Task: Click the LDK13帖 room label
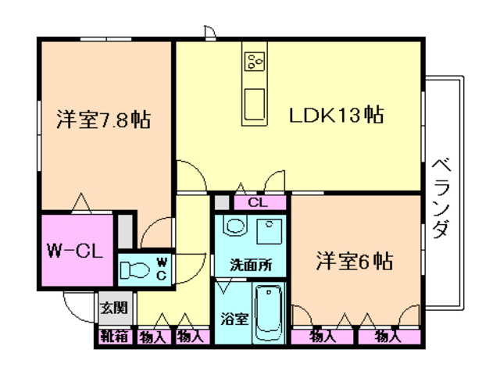336,116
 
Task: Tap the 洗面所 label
250,264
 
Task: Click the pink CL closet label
259,202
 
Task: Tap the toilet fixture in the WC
137,270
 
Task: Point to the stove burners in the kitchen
255,62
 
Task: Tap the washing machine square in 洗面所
270,231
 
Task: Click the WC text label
160,269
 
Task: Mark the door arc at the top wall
209,32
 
